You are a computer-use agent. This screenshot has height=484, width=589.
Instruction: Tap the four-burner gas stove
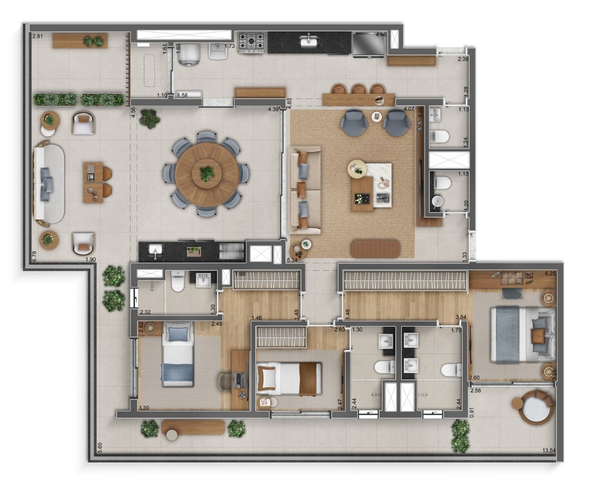(x=251, y=41)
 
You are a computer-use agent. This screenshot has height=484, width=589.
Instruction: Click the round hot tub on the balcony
(x=536, y=408)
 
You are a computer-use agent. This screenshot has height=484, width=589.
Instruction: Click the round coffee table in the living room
(x=357, y=168)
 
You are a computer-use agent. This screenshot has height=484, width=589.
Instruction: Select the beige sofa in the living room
(x=304, y=190)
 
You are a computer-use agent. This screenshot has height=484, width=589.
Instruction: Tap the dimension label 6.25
(x=550, y=274)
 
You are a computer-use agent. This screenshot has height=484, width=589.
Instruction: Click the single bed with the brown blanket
(x=289, y=379)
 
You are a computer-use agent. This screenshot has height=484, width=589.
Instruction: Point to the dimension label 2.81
(x=38, y=36)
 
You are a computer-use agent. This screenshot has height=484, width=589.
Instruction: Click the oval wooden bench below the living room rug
(x=375, y=248)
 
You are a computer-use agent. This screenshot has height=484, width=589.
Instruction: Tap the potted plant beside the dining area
(x=150, y=118)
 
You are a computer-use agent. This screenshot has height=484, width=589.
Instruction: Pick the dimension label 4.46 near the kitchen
(x=381, y=35)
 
